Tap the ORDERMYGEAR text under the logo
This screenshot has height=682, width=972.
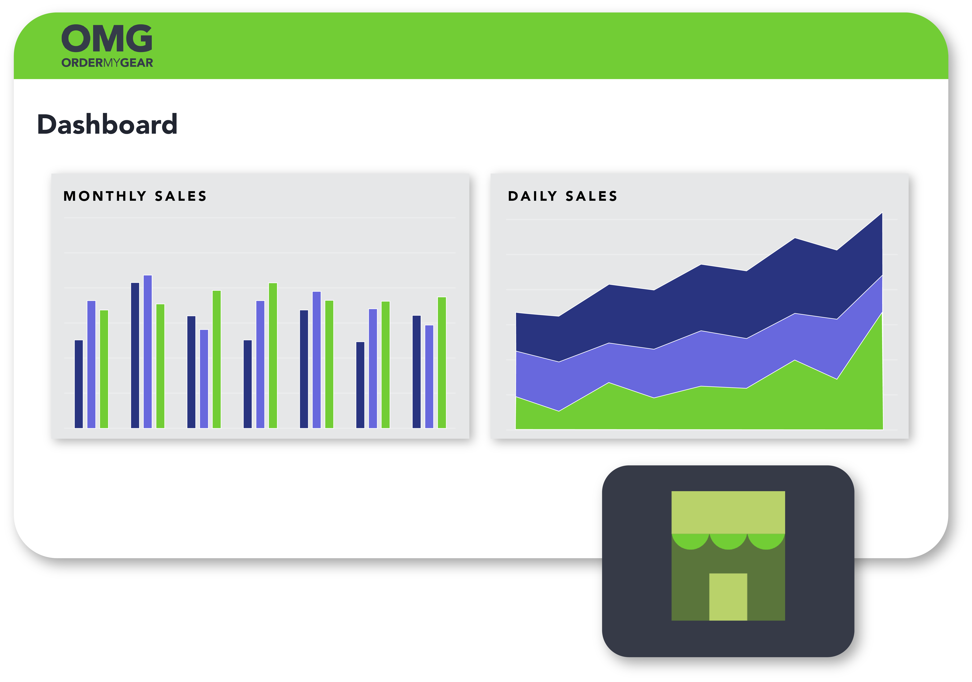(107, 63)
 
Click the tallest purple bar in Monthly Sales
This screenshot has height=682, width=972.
(148, 352)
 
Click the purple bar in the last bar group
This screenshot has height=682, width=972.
(429, 377)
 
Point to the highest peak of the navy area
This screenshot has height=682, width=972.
(882, 213)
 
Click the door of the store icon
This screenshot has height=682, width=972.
(728, 597)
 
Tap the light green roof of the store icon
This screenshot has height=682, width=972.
(728, 512)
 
